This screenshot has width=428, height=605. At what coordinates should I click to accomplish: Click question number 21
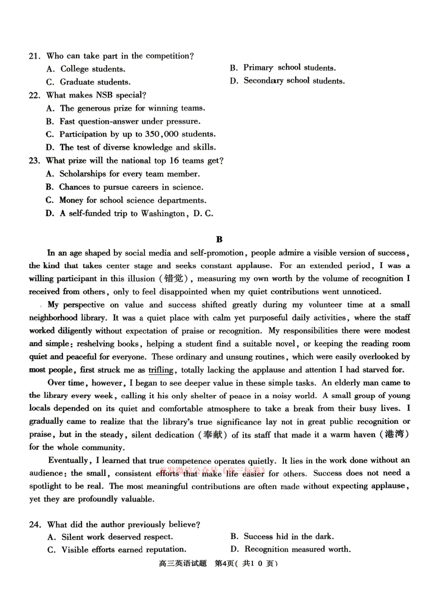point(35,56)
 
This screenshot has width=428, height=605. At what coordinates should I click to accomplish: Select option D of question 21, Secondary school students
point(293,81)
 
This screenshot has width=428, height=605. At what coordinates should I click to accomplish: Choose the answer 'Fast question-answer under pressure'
point(129,121)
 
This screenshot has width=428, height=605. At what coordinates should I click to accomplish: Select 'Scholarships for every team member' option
point(129,174)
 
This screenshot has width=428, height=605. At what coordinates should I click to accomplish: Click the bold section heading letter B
point(219,239)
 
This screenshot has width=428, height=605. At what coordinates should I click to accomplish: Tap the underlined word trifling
point(161,370)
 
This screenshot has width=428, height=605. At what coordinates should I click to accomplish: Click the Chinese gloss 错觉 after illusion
point(173,279)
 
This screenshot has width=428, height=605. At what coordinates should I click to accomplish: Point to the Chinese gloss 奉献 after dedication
point(213,435)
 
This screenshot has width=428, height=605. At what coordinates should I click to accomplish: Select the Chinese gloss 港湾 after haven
point(394,434)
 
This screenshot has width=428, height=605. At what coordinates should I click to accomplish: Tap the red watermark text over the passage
point(211,470)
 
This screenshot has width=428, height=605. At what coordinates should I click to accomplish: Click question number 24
point(35,524)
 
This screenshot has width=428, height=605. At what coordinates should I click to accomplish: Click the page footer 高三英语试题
point(183,564)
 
